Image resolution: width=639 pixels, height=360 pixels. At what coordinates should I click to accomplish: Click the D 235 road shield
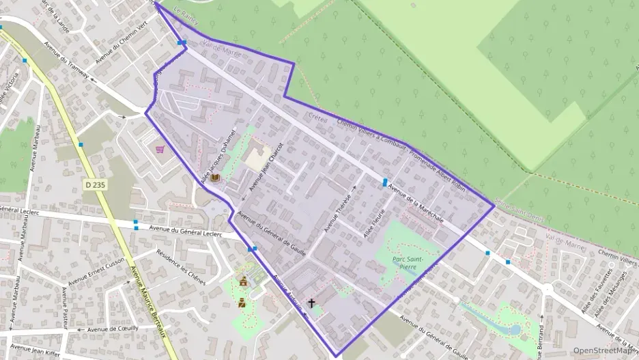[96, 184]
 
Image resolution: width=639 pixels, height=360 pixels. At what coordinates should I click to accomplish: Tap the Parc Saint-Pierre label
[409, 263]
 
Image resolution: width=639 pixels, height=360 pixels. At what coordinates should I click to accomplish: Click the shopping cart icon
[160, 149]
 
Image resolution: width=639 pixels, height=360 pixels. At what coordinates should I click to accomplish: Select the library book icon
[216, 178]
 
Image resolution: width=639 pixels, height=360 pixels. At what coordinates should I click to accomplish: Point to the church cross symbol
[312, 302]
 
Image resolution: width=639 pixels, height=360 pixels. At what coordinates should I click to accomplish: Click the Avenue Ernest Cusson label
[95, 271]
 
